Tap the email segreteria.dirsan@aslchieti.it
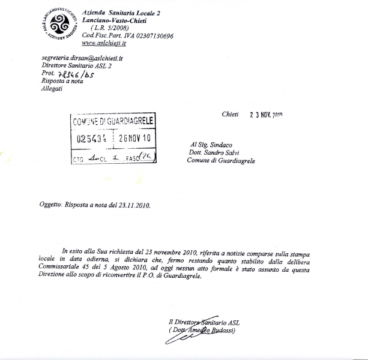click(82, 59)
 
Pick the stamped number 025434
click(91, 137)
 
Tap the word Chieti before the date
click(230, 114)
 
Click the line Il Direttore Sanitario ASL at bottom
click(204, 323)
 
